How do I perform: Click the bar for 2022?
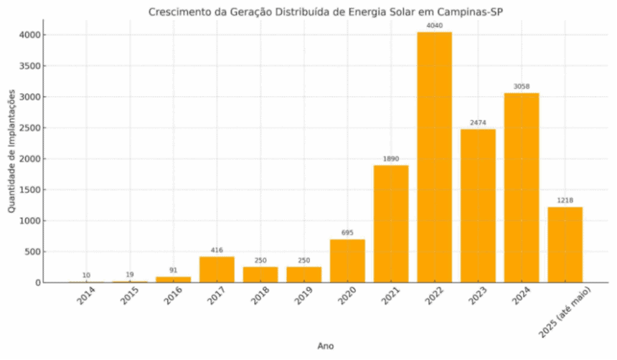point(435,157)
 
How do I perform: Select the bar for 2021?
point(391,224)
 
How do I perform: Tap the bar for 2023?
point(478,206)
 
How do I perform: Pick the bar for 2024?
point(522,188)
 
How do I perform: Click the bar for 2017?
point(217,270)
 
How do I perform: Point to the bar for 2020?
point(347,261)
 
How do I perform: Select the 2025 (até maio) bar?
point(565,245)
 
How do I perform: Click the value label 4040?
point(435,26)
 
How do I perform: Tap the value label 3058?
point(522,87)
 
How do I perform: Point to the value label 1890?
point(391,159)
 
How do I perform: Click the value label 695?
point(347,233)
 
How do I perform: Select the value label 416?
point(217,250)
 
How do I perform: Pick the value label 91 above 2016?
point(173,270)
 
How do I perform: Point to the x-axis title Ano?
point(326,346)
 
